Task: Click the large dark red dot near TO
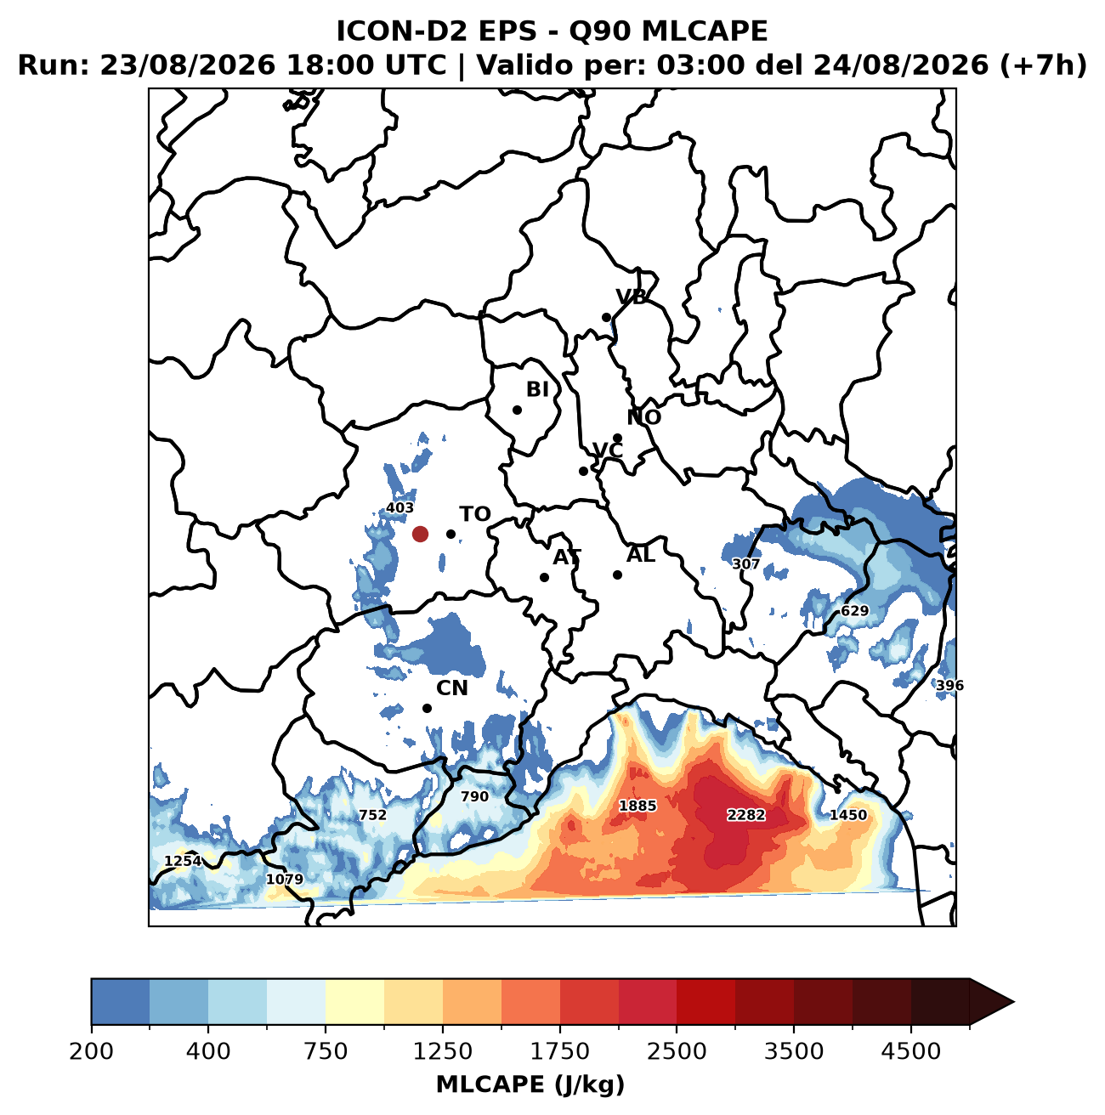tap(420, 534)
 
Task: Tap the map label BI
tap(537, 389)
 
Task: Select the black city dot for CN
tap(427, 708)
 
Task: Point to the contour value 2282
tap(746, 815)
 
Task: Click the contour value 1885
tap(637, 806)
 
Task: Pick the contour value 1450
tap(848, 815)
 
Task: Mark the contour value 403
tap(400, 507)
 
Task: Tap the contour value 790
tap(474, 796)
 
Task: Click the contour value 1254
tap(183, 861)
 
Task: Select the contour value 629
tap(854, 610)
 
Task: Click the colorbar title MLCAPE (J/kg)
tap(530, 1084)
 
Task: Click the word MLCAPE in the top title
tap(705, 31)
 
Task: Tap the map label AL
tap(641, 554)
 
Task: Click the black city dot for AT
tap(544, 577)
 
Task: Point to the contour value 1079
tap(284, 880)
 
